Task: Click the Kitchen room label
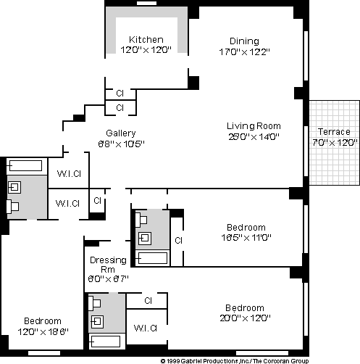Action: (146, 40)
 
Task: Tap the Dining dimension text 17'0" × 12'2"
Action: (244, 51)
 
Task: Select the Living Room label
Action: (254, 126)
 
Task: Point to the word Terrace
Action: (334, 132)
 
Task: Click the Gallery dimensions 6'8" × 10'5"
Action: (121, 144)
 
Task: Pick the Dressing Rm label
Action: (108, 265)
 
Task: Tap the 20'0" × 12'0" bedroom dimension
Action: (245, 318)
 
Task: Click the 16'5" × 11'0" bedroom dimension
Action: (246, 238)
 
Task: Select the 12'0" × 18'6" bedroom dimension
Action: (43, 331)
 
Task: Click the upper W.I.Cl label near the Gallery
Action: (69, 174)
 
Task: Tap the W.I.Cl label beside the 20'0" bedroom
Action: (146, 328)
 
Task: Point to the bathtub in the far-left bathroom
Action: (24, 166)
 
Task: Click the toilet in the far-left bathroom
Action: (12, 207)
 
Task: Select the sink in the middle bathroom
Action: (145, 239)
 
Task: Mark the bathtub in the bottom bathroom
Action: (104, 342)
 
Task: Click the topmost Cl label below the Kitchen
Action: (120, 94)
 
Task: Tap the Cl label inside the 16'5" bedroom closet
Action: (178, 241)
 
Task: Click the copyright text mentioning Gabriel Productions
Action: (235, 361)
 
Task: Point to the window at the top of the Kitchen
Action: (146, 3)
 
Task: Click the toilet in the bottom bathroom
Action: (94, 303)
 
